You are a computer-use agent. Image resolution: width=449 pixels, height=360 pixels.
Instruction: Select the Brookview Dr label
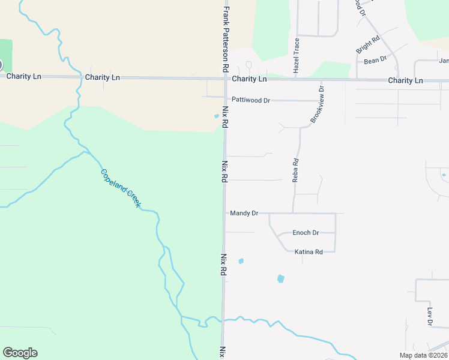point(316,105)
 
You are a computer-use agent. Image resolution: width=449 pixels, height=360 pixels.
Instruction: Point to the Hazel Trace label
point(296,56)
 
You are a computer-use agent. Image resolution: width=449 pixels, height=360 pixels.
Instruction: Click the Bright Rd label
point(368,44)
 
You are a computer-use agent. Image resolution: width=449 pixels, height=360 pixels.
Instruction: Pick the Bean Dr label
point(375,61)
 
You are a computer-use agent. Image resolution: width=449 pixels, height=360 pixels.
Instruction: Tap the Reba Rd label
point(295,170)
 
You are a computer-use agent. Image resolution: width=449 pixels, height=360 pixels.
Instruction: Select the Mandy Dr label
point(244,213)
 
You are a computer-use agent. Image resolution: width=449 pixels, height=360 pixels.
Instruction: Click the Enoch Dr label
point(306,233)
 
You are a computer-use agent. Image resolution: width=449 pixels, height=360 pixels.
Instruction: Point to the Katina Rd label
point(309,252)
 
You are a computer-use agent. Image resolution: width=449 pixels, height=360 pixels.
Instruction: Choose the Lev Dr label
point(430,317)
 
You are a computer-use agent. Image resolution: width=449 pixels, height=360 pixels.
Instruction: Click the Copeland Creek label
point(121,188)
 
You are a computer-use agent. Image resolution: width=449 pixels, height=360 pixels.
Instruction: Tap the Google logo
point(20,353)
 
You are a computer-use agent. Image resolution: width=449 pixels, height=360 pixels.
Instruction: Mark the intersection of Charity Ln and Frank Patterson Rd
point(225,78)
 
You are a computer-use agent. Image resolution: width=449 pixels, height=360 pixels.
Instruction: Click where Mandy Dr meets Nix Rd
point(224,213)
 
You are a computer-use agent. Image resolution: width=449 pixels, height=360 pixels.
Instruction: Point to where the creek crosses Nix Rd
point(223,320)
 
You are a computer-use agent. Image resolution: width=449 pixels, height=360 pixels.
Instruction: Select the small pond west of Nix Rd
point(217,116)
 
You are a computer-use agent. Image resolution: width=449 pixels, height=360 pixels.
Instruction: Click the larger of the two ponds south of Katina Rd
point(280,279)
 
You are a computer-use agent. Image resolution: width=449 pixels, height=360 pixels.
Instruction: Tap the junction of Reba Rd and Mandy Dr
point(293,213)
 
